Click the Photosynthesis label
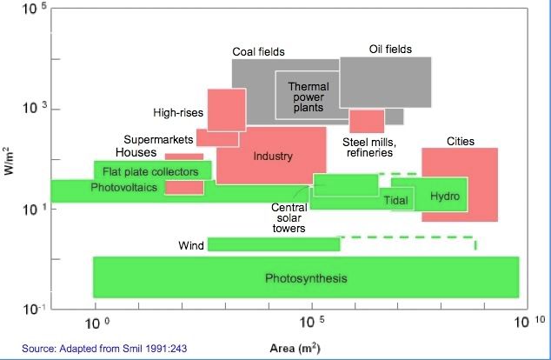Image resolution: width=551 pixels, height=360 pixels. (306, 278)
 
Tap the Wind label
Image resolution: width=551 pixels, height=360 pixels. (191, 245)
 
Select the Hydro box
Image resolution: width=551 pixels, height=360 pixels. (444, 196)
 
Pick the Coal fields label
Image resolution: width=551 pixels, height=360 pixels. (258, 52)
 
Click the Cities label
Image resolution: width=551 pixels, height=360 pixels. (461, 140)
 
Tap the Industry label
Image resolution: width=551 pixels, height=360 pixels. (273, 157)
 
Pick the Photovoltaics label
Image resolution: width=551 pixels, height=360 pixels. (125, 187)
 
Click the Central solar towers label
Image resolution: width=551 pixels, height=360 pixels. (289, 218)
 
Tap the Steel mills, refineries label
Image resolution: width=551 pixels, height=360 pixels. (370, 147)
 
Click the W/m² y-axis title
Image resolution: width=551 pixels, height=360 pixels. (10, 155)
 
